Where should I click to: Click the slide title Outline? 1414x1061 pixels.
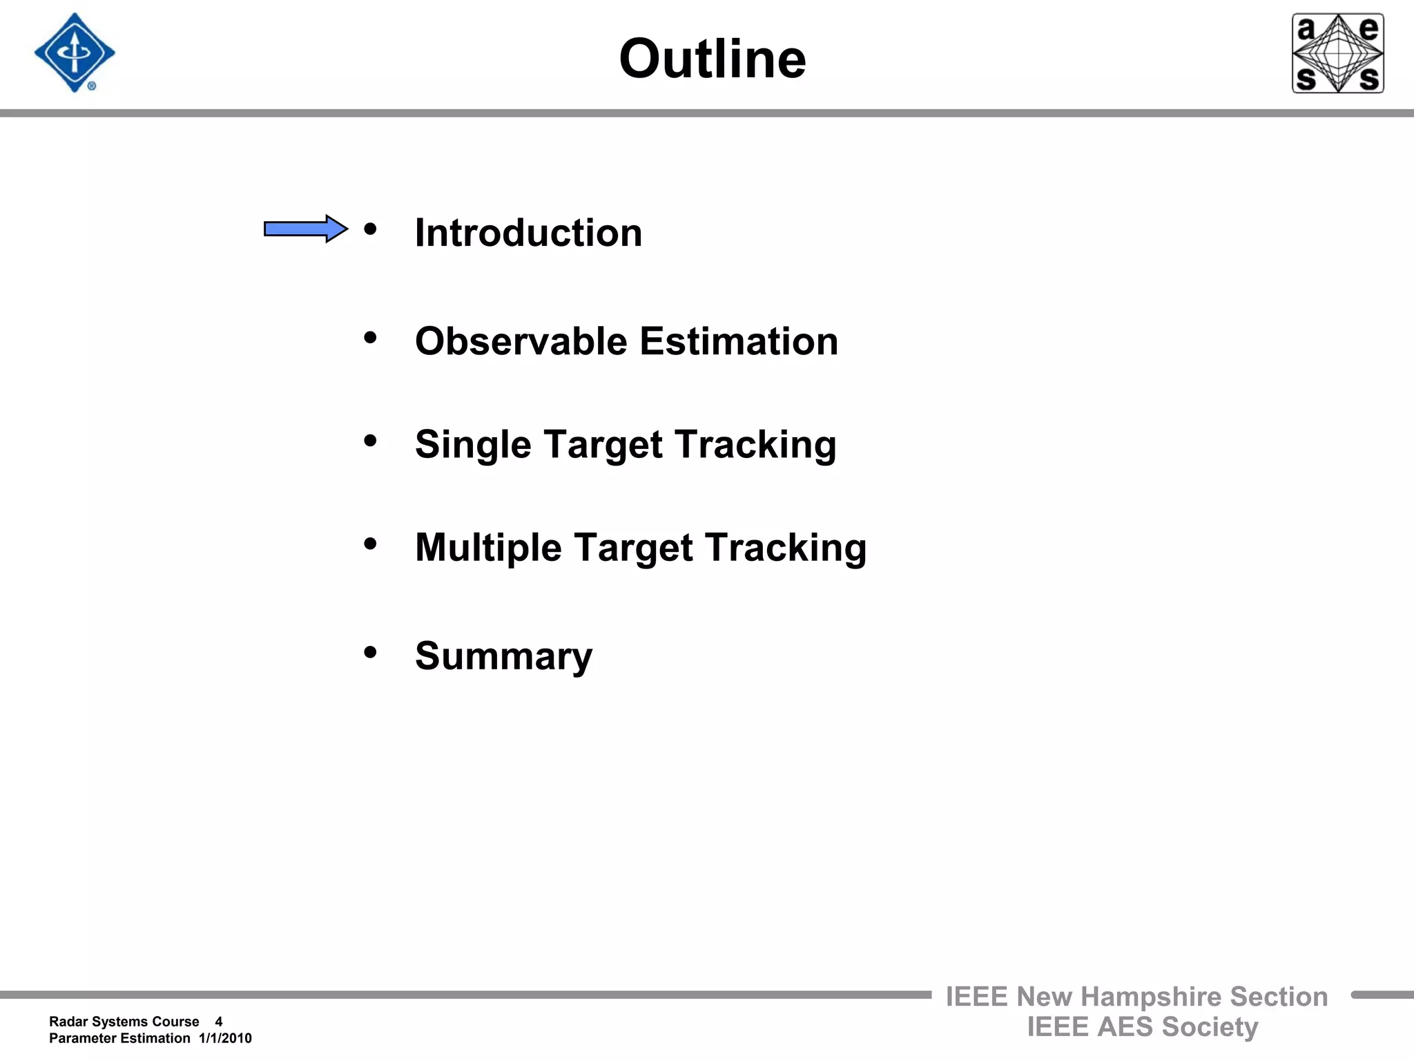point(712,59)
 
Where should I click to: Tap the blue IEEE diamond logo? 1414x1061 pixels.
point(75,53)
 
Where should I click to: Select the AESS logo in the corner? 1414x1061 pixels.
point(1337,53)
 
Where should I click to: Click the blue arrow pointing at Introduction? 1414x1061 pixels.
point(306,229)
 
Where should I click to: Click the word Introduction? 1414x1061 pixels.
point(528,233)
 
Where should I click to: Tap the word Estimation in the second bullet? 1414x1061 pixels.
point(738,341)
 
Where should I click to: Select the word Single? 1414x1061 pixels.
point(472,444)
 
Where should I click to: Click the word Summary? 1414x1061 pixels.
point(503,656)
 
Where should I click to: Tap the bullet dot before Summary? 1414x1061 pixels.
point(371,651)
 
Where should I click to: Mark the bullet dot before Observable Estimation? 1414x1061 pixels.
point(371,337)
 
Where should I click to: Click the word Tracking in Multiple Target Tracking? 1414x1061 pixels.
point(786,548)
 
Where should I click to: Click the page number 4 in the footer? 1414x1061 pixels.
point(219,1022)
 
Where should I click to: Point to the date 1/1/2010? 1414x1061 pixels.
point(225,1038)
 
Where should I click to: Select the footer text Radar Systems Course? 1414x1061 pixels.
point(124,1022)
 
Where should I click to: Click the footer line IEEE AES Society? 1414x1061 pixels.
point(1142,1027)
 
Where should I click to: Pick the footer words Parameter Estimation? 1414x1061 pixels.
point(119,1038)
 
